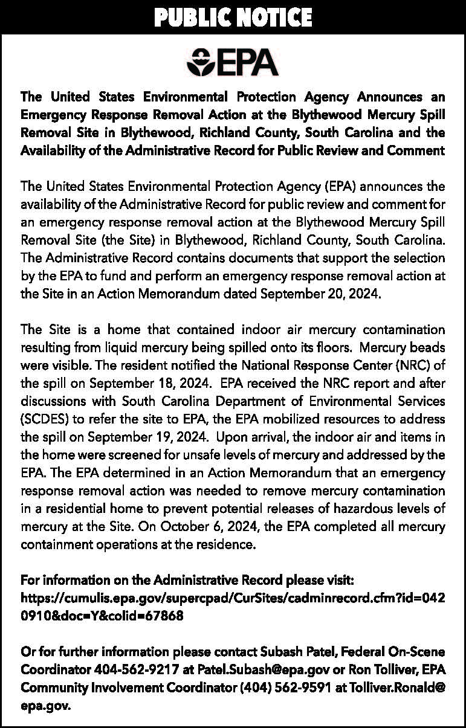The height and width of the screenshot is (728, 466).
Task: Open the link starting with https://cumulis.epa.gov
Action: [x=233, y=598]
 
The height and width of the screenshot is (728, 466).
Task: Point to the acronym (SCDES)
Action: [x=46, y=418]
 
